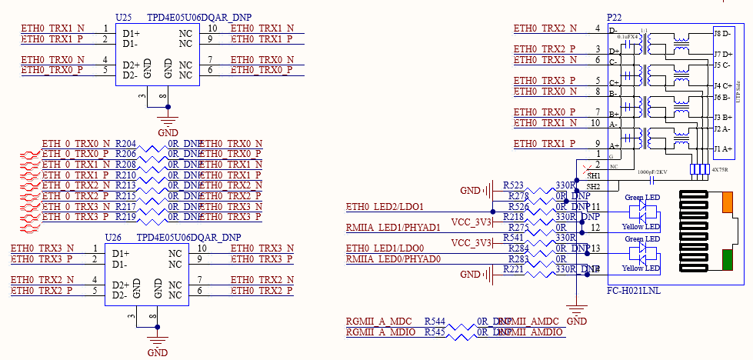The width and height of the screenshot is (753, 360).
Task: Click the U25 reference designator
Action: (122, 16)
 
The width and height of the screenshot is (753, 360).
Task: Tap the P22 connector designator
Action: (615, 16)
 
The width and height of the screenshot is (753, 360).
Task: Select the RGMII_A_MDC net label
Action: (379, 321)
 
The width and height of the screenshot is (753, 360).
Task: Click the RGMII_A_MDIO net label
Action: (381, 332)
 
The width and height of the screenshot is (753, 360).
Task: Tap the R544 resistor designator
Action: (435, 321)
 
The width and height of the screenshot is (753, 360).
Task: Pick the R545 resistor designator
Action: (435, 332)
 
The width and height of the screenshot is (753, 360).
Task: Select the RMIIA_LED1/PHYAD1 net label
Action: (393, 228)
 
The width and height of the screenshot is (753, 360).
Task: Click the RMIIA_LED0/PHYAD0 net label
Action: (393, 259)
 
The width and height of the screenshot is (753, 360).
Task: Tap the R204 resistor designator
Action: (125, 144)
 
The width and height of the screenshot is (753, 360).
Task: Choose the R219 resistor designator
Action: (125, 217)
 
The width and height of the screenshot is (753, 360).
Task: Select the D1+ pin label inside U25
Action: (131, 33)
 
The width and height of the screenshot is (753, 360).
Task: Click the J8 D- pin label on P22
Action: (722, 34)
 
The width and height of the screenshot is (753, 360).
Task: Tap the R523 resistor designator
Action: (513, 186)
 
